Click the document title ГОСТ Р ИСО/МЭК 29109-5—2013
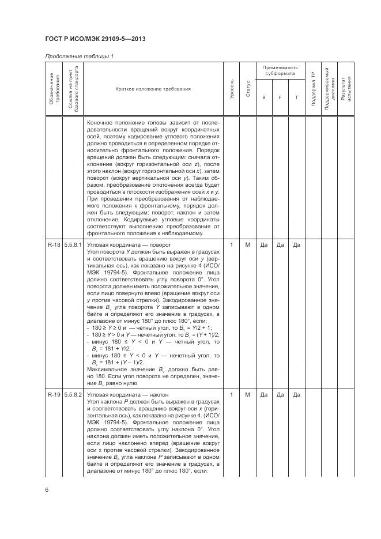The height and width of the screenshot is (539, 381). point(95,39)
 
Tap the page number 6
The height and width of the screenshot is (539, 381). point(46,489)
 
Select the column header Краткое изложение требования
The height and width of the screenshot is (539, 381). point(153,89)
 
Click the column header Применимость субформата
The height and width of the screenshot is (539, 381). point(280,71)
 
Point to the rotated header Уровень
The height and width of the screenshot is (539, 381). point(232,89)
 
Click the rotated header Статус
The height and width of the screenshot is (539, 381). point(248,89)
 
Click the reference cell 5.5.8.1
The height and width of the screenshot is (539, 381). point(73,245)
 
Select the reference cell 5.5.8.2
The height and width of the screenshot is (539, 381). point(73,394)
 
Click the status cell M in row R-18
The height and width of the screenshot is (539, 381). point(248,245)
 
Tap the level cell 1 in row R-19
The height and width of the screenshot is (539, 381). point(232,394)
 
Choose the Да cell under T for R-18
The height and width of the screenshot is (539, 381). point(296,245)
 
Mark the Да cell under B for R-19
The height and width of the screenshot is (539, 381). point(264,394)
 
